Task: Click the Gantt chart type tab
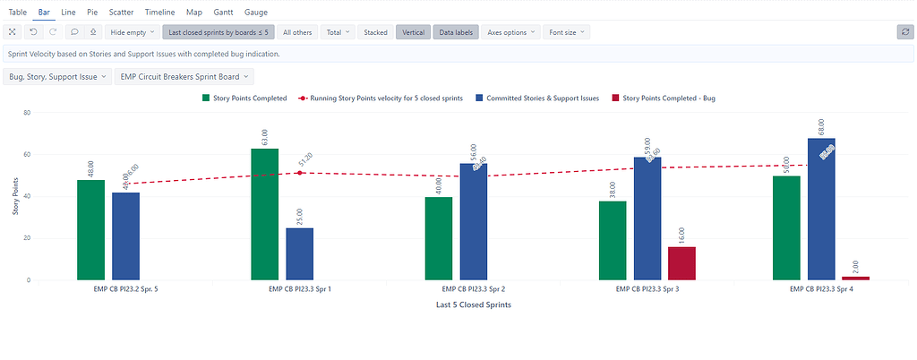224,13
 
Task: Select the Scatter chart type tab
122,13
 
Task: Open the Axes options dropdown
511,32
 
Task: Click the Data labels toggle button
456,32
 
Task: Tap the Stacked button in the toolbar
375,32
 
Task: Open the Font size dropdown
568,32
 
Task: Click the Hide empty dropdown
132,32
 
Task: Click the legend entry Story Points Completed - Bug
668,98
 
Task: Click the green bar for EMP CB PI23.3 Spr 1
264,214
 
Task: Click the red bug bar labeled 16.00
681,263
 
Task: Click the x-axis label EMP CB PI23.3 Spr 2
474,290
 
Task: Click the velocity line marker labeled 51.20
301,173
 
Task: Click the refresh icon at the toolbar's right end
904,32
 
